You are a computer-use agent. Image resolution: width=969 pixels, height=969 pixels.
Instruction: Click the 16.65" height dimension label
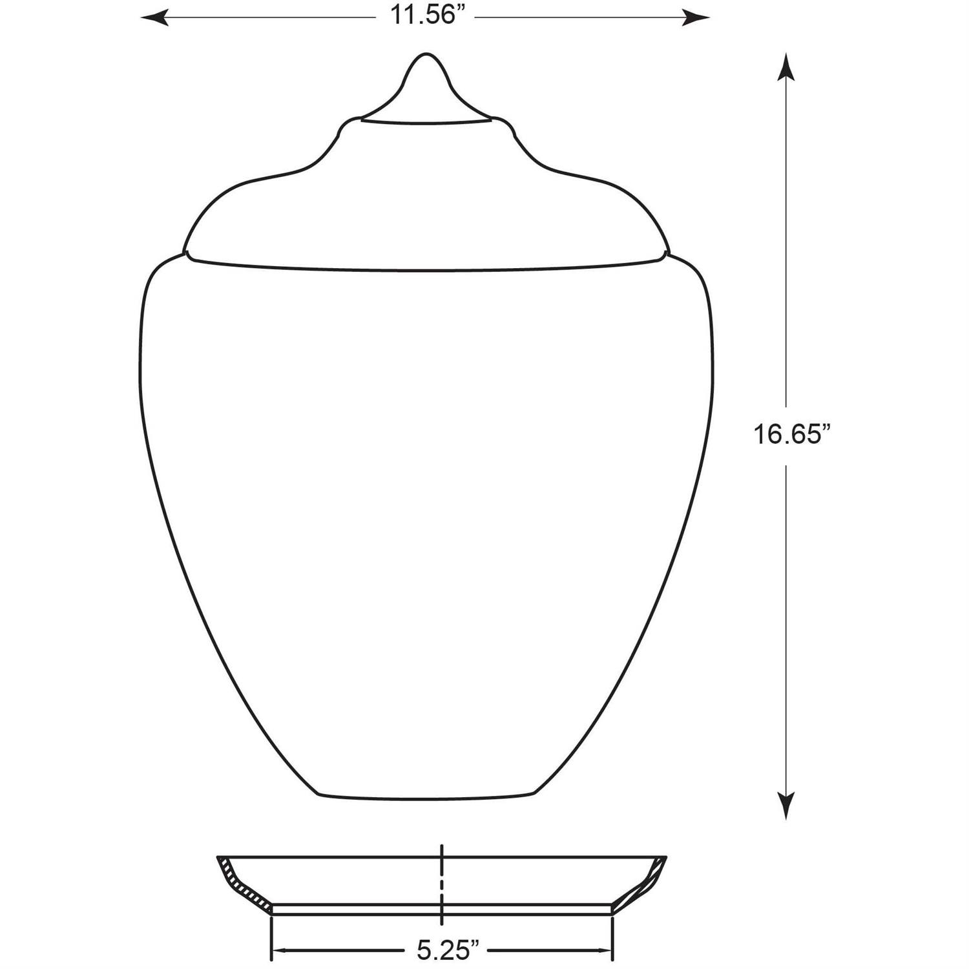(x=791, y=433)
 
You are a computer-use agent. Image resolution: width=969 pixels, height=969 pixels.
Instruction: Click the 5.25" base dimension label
(x=448, y=950)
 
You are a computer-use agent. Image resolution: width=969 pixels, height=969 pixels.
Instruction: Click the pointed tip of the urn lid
(x=424, y=56)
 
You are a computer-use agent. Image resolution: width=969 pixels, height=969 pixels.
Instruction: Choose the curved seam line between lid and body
(x=426, y=268)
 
